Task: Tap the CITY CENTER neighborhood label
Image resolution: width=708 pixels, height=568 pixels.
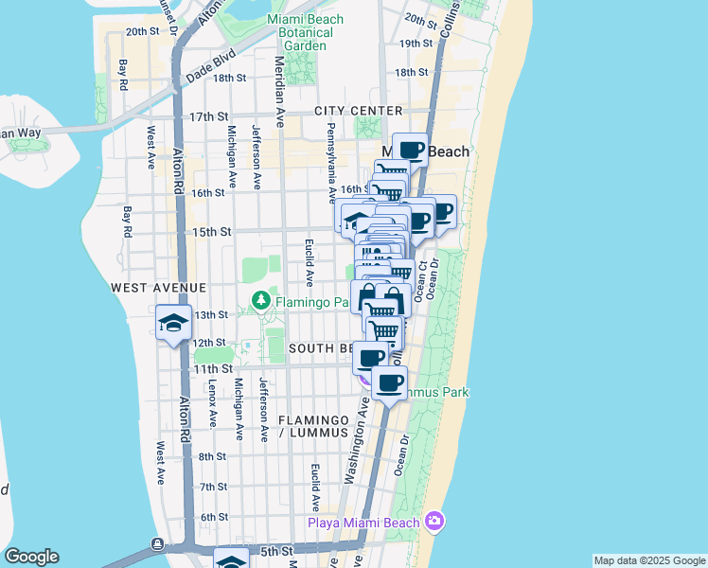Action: pos(365,111)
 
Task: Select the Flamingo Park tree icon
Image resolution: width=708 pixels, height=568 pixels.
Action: pos(262,301)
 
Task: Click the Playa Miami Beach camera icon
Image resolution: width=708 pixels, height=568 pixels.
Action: pos(434,520)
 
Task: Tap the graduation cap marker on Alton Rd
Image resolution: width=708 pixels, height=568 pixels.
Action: pos(174,323)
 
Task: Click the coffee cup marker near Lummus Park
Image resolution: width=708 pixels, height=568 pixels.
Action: pos(389,382)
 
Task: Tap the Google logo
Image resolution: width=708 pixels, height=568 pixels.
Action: pos(31,557)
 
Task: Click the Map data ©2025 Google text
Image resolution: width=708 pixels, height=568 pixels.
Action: pos(648,560)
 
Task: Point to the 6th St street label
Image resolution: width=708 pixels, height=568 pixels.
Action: pos(214,516)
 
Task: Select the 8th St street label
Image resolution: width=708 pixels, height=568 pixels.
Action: pos(214,455)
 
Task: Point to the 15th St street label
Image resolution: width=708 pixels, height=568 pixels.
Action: pos(212,231)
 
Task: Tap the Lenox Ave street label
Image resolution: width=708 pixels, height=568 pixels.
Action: pos(213,401)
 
